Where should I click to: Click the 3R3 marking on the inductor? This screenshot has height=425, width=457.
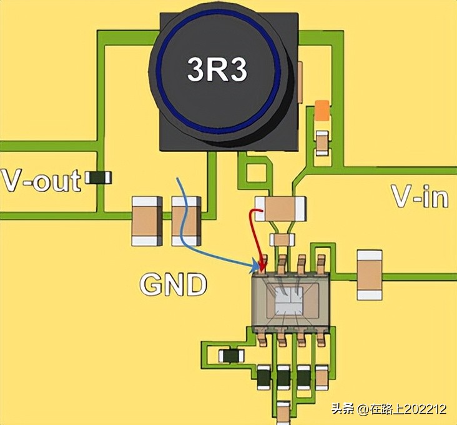coord(217,69)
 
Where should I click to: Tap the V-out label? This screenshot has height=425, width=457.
coord(41,180)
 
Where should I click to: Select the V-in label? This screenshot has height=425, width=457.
coord(420,196)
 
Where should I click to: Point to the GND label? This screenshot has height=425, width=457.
coord(172,285)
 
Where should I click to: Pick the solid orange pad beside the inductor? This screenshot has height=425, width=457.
coord(322,111)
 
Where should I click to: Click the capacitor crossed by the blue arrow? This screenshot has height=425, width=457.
coord(186,221)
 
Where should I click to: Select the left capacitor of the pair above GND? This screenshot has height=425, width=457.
coord(147,221)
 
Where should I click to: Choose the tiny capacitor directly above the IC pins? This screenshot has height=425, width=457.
coord(282,239)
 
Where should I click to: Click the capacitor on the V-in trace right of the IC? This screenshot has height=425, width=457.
coord(368,274)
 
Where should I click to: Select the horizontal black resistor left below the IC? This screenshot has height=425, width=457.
coord(232,356)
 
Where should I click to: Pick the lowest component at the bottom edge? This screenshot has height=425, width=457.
coord(283,412)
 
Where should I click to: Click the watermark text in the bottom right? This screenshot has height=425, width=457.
coord(388,409)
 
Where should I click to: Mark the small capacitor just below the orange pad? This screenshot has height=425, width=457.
coord(322,143)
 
